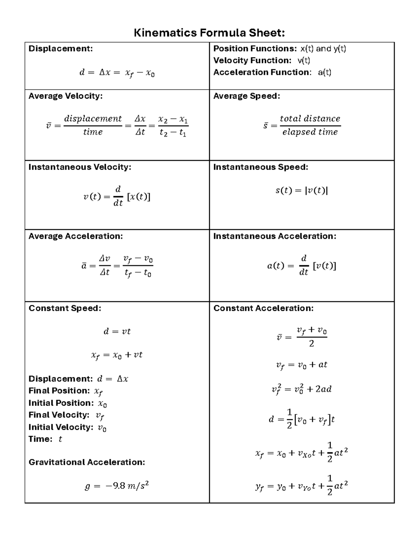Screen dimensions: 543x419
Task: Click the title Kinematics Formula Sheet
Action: (209, 33)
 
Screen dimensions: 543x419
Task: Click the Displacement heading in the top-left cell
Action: (60, 49)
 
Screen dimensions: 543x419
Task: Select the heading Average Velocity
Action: (65, 96)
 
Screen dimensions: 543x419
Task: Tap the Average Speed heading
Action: (247, 96)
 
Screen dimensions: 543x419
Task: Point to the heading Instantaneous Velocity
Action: (80, 167)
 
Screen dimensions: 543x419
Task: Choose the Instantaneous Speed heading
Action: (260, 167)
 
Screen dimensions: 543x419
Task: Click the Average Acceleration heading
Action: (75, 236)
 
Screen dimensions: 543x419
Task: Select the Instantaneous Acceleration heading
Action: (274, 236)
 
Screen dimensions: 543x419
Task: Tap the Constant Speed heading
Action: (65, 308)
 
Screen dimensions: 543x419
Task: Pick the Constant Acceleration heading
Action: (263, 308)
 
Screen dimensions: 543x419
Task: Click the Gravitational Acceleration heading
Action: (87, 462)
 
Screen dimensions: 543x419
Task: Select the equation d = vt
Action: (117, 331)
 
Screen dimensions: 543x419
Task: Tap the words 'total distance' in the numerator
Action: (310, 119)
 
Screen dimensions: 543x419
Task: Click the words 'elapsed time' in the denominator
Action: (310, 132)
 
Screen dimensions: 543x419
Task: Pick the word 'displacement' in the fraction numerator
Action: (93, 119)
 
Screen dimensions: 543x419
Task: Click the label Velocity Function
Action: (252, 60)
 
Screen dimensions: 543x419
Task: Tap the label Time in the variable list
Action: (40, 439)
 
